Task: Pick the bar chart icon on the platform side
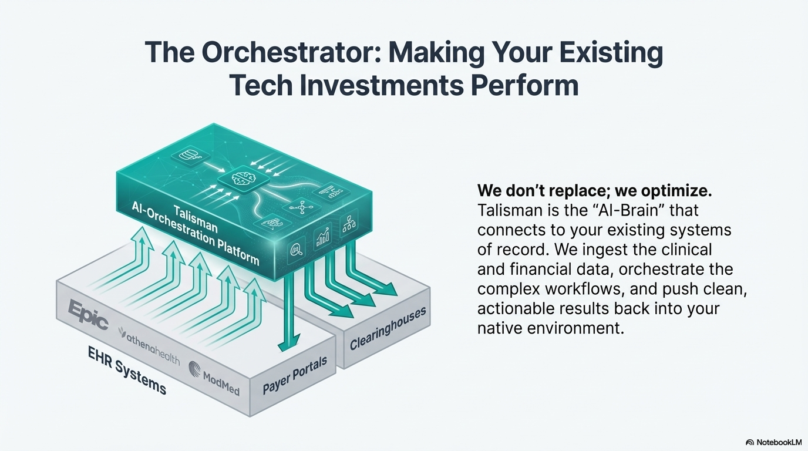tap(322, 237)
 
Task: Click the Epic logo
tap(87, 315)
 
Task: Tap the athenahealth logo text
tap(149, 346)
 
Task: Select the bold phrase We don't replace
tap(541, 191)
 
